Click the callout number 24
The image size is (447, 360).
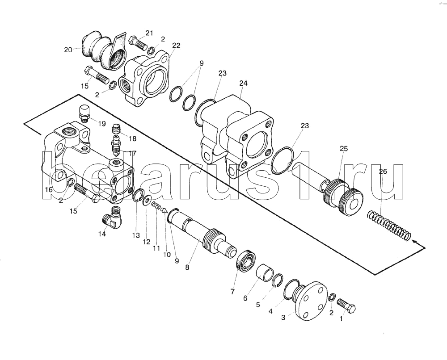click(x=243, y=83)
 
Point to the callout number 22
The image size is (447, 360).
click(x=176, y=45)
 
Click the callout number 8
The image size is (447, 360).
click(x=187, y=268)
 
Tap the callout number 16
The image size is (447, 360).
click(x=48, y=189)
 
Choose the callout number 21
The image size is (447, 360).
click(x=149, y=33)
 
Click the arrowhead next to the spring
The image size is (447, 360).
click(x=415, y=242)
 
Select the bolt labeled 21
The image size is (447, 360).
click(x=138, y=44)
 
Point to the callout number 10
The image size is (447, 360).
click(x=166, y=255)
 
